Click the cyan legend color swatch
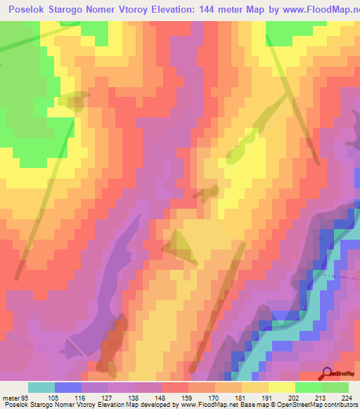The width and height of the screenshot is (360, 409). click(41, 387)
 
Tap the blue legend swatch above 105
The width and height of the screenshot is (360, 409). click(67, 387)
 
